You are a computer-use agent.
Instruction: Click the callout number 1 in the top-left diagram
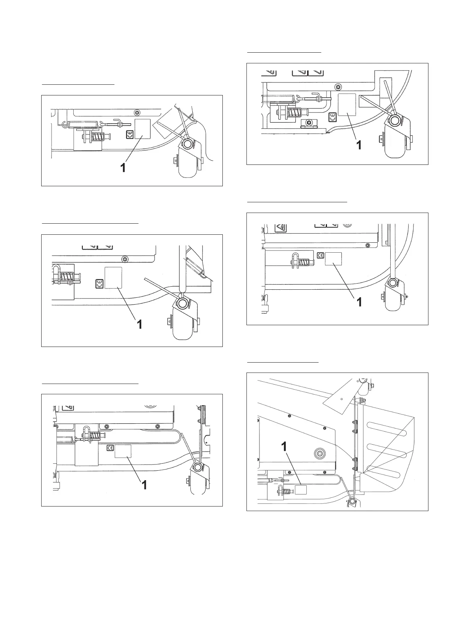click(123, 167)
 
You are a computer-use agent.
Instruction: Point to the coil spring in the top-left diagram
click(98, 136)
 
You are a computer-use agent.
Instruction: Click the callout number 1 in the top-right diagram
click(358, 145)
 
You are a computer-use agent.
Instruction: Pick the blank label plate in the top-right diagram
click(347, 104)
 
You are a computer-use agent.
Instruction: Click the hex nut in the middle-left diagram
click(124, 259)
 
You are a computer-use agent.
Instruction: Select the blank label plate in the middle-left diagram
click(113, 277)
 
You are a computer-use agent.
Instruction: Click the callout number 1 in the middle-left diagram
click(140, 324)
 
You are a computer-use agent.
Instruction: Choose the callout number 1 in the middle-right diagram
click(359, 302)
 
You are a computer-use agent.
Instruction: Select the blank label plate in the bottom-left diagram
click(123, 451)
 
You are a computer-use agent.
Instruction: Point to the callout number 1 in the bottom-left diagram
click(144, 485)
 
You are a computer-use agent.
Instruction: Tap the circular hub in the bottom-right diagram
click(318, 453)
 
